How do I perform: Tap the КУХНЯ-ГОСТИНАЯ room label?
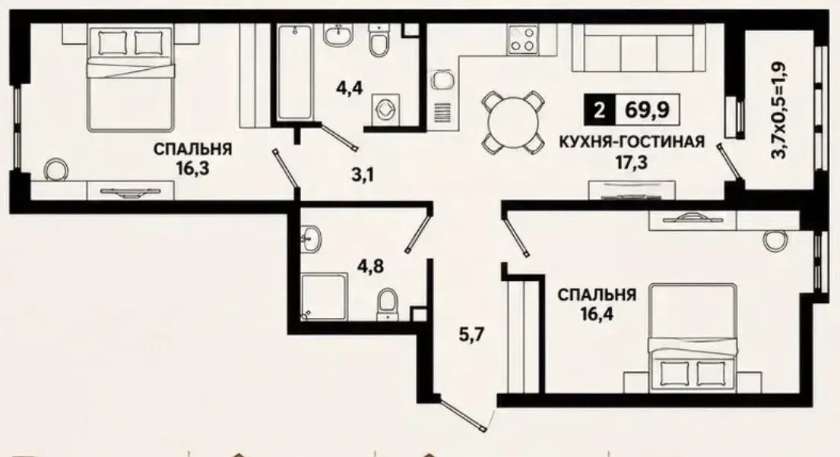point(632,142)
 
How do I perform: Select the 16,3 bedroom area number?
point(192,169)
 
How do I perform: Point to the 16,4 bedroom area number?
point(598,313)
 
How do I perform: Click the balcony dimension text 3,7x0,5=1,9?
point(778,111)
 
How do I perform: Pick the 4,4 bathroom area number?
point(350,88)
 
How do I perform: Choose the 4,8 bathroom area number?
point(371,266)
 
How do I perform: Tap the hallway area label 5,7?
point(471,335)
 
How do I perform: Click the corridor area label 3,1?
point(363,174)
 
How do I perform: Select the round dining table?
point(511,121)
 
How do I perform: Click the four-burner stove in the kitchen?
point(521,39)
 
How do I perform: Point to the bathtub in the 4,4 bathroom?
point(295,73)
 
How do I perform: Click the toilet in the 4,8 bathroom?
point(388,304)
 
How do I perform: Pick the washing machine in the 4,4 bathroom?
point(384,109)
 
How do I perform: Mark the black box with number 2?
point(600,111)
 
